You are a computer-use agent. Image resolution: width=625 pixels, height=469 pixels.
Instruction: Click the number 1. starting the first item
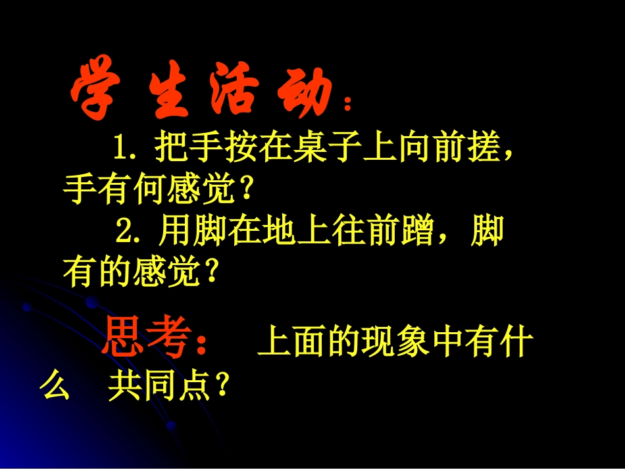[x=126, y=148]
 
